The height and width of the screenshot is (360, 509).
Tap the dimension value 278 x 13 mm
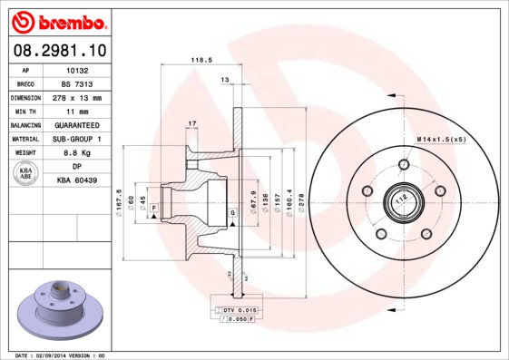[84, 97]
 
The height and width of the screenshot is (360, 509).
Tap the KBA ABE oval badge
[26, 174]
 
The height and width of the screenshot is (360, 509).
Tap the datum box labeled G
[232, 212]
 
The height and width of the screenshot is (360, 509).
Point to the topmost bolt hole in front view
[403, 165]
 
